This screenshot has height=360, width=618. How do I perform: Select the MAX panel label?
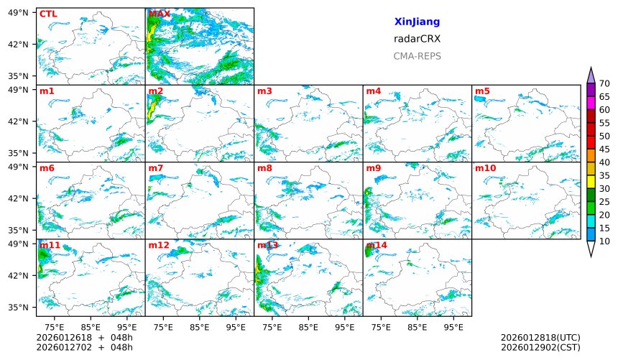(x=159, y=14)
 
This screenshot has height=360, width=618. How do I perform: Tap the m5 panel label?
(x=482, y=91)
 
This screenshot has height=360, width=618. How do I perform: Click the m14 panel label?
(x=376, y=245)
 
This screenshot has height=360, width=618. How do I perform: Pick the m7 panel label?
(x=156, y=168)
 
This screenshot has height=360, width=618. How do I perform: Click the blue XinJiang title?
(x=417, y=22)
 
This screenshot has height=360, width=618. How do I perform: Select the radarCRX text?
(x=417, y=40)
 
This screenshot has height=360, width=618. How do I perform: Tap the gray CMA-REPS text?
(x=417, y=56)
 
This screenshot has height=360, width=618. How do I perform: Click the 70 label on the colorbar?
(x=604, y=84)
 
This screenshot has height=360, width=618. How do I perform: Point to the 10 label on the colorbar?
(x=604, y=241)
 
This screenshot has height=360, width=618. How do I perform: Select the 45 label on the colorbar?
(x=604, y=149)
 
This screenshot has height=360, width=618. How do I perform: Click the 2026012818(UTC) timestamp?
(x=540, y=337)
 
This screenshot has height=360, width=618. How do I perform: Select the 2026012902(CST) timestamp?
(x=540, y=347)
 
